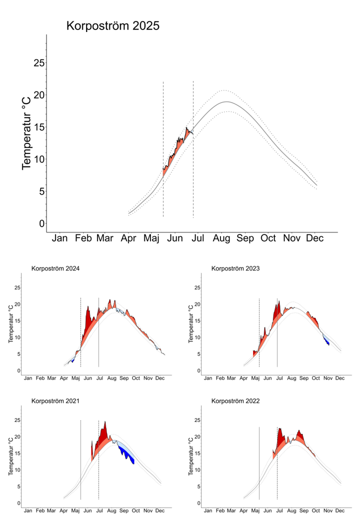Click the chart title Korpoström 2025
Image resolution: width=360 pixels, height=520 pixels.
point(113,26)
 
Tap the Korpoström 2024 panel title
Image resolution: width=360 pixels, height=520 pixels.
point(55,268)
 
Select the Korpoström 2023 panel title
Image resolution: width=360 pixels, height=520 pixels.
point(235,268)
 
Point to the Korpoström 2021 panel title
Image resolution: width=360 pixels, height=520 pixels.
point(55,401)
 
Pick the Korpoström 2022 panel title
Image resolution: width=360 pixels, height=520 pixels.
point(235,401)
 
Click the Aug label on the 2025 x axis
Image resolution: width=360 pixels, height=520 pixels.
point(221,238)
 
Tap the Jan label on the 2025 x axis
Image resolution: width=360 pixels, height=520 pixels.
point(60,238)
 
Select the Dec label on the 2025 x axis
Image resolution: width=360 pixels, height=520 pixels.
point(314,238)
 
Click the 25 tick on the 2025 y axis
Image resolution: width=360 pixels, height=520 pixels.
point(39,63)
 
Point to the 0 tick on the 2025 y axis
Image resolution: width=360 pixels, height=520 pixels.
point(42,223)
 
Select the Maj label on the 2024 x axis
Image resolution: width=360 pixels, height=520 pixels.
point(76,378)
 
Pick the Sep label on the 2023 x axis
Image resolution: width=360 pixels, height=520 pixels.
point(304,378)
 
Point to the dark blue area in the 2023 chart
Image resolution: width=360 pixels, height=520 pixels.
point(326,341)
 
